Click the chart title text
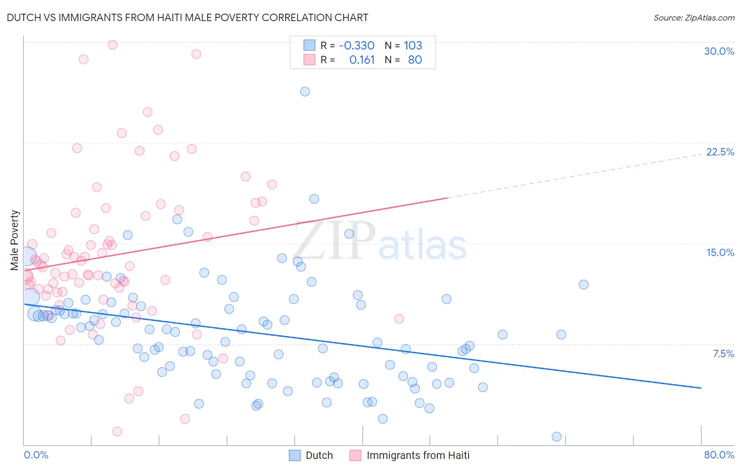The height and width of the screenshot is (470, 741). [187, 17]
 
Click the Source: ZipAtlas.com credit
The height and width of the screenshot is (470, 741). [694, 17]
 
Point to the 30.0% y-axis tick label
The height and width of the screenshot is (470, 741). [719, 51]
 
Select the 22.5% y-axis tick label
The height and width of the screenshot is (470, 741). [720, 152]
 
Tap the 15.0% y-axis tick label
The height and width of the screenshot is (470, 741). [720, 252]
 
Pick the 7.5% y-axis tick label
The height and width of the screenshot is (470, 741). [723, 354]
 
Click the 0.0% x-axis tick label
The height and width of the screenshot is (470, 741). [36, 455]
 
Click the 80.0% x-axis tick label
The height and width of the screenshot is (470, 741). [719, 455]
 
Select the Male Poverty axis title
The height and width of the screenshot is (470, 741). [14, 240]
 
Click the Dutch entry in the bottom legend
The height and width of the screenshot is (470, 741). [319, 455]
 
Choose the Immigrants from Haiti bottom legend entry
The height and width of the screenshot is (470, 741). [417, 455]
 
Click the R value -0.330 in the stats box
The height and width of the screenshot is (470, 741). [356, 45]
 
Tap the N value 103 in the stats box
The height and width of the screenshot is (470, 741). [413, 45]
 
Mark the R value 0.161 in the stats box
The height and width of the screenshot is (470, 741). [362, 60]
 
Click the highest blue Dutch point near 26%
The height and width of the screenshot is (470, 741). [305, 92]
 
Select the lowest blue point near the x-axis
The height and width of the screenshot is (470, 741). [557, 437]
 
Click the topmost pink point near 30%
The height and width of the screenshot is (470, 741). [112, 45]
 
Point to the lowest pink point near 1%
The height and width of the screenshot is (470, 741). [117, 432]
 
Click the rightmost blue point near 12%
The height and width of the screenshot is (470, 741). [583, 285]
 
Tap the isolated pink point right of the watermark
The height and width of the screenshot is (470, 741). [399, 319]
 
